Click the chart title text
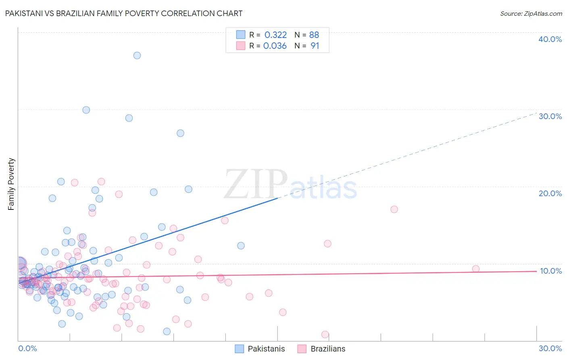[123, 13]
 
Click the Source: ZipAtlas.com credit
[531, 13]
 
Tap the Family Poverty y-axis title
[11, 184]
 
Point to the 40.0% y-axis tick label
[550, 39]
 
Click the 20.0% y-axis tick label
[550, 193]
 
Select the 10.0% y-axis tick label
[550, 271]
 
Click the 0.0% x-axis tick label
[27, 348]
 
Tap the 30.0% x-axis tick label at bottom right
[550, 348]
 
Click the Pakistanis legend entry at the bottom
[266, 349]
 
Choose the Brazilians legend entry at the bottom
[328, 349]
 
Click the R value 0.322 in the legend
[275, 35]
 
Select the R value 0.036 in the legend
[275, 46]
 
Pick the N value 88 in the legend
[314, 35]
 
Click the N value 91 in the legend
[315, 46]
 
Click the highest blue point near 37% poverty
[137, 56]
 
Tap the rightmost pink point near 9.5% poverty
[476, 269]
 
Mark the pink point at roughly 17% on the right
[394, 209]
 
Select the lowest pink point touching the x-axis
[325, 335]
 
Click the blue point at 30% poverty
[86, 110]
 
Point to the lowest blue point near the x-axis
[167, 331]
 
